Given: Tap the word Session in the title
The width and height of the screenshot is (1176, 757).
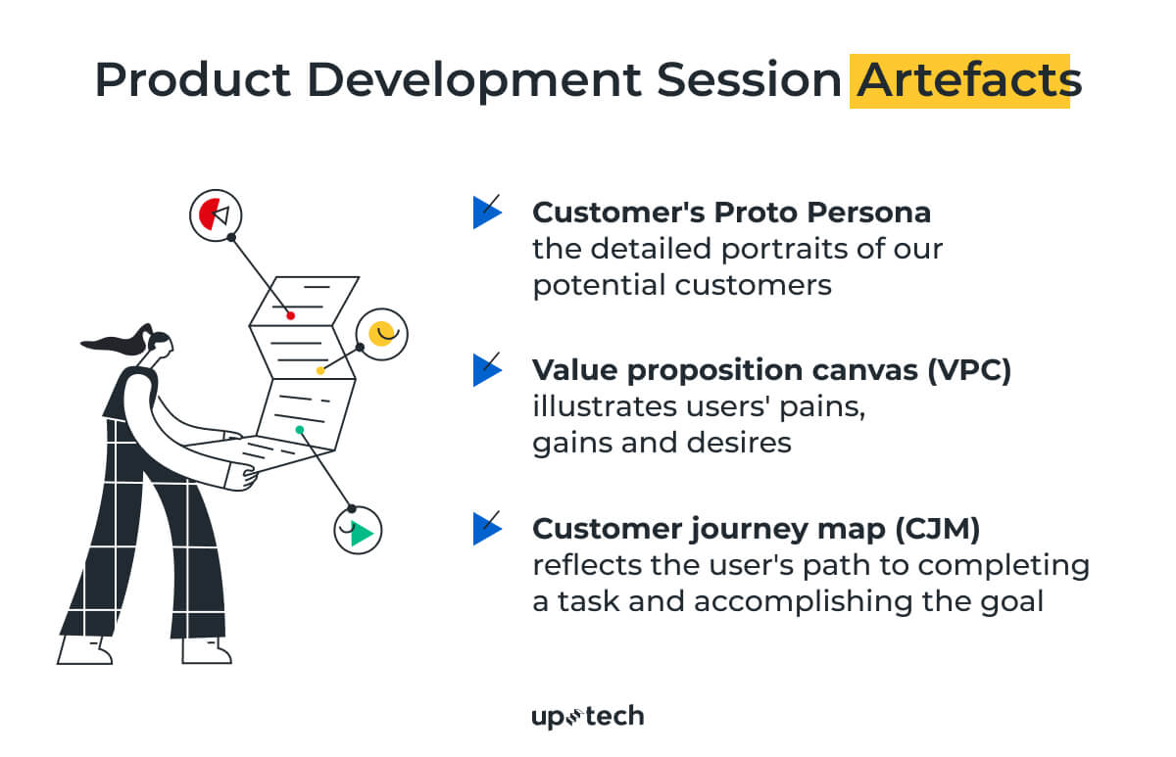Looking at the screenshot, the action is point(749,80).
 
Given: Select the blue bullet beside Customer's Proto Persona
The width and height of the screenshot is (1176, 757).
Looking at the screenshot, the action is point(487,212).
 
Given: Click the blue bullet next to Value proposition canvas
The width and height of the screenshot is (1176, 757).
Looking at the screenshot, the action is point(487,369).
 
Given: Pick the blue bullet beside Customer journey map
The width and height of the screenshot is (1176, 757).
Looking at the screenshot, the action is point(487,528).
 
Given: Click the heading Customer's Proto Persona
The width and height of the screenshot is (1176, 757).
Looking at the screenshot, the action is point(731,213).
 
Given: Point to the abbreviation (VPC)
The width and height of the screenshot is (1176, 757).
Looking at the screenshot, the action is point(969,370).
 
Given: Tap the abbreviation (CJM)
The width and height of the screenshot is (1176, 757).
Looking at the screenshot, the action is point(938,529).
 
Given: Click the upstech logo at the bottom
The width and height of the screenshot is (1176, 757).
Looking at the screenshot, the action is point(587,717).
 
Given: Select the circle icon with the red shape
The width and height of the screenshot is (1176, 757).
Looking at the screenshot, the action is point(216,215).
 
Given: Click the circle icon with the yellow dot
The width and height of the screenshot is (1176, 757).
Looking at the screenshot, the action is point(381,334).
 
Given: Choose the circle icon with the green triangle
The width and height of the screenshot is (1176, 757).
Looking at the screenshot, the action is point(358,531).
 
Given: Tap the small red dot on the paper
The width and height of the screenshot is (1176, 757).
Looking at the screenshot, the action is point(290,315).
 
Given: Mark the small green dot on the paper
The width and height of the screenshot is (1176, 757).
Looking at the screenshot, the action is point(300,430).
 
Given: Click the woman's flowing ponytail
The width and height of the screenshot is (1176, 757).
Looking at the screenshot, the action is point(116,341).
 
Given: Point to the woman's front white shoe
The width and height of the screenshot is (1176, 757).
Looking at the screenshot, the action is point(207,650).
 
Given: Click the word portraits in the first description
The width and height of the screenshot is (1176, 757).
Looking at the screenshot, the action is point(785,249).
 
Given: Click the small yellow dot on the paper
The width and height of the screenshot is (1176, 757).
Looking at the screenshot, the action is point(320,371).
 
